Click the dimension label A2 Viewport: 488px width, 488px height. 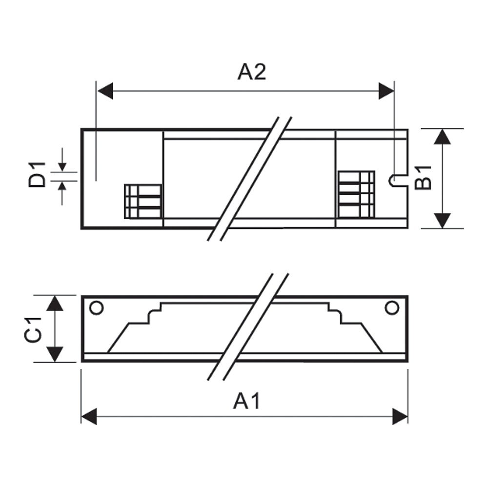tap(252, 72)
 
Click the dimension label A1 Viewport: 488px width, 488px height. tap(247, 401)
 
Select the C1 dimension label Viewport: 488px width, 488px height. tap(35, 329)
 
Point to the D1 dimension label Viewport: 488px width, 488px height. tap(37, 175)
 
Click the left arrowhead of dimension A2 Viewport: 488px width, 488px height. tap(105, 91)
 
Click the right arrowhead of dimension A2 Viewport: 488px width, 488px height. tap(386, 91)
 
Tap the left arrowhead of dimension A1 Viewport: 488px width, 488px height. tap(88, 417)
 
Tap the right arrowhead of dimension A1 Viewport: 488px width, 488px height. tap(400, 417)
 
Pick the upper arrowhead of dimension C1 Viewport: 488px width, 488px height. tap(56, 303)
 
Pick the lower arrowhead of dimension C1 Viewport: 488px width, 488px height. tap(56, 354)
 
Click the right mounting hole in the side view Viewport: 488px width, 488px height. tap(391, 308)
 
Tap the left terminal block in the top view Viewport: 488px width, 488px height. tap(143, 201)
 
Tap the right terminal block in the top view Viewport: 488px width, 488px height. tap(356, 194)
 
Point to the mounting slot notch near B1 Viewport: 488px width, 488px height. tap(394, 181)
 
